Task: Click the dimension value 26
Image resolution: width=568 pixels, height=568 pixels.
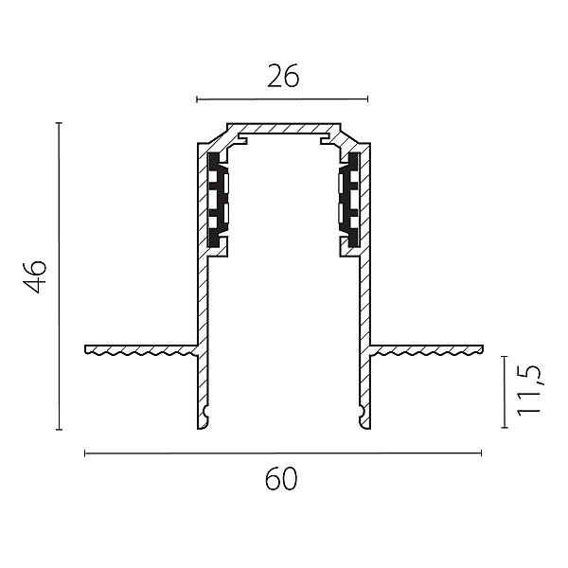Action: pyautogui.click(x=283, y=76)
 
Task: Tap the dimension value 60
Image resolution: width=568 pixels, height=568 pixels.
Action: pyautogui.click(x=281, y=479)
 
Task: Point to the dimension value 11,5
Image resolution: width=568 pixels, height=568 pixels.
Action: pyautogui.click(x=528, y=390)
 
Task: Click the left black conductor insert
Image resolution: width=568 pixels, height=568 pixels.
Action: pyautogui.click(x=217, y=200)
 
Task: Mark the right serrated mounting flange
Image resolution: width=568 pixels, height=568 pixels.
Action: pyautogui.click(x=426, y=349)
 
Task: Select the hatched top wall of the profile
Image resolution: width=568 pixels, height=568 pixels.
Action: pyautogui.click(x=284, y=128)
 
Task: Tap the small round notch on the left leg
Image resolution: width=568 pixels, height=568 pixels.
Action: pyautogui.click(x=206, y=411)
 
